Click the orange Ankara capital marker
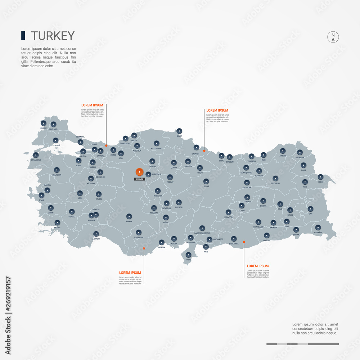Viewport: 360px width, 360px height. (x=139, y=172)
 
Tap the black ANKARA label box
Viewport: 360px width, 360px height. (x=139, y=179)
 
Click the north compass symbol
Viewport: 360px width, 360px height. (x=333, y=37)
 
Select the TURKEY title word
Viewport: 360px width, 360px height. (x=53, y=36)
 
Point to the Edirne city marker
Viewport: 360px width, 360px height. (x=43, y=123)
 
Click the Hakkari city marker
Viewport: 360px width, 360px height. (x=318, y=228)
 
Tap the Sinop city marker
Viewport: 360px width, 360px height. (x=179, y=131)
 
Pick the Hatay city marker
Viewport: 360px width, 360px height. (x=189, y=255)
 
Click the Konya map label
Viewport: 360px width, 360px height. (x=129, y=221)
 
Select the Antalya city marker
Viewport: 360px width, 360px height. (x=96, y=234)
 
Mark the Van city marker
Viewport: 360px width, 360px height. (x=310, y=208)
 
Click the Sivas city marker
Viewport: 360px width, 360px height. (x=206, y=181)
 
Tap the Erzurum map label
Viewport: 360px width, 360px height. (x=275, y=183)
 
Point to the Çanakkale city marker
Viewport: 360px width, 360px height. (x=36, y=155)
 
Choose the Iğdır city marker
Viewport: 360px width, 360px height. (x=320, y=177)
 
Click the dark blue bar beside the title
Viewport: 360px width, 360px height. (x=23, y=35)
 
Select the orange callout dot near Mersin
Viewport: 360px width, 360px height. (x=144, y=248)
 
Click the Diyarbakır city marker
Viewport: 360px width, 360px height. (x=258, y=222)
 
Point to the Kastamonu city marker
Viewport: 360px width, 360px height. (x=156, y=143)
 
